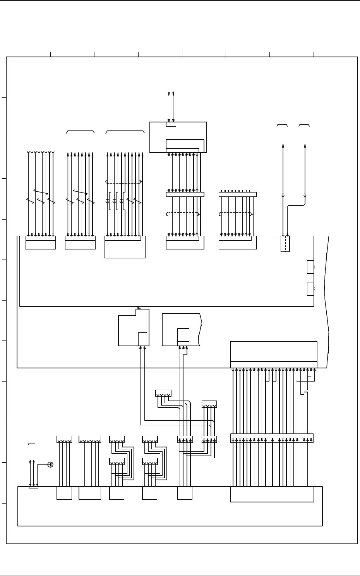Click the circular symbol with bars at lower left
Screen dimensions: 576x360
pyautogui.click(x=50, y=464)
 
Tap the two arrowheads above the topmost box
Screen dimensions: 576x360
pyautogui.click(x=171, y=93)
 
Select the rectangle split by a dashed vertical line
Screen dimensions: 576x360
pyautogui.click(x=285, y=244)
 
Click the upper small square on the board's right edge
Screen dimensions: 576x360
pyautogui.click(x=310, y=267)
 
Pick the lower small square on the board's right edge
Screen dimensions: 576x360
pyautogui.click(x=310, y=289)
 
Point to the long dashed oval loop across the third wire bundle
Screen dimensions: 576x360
pyautogui.click(x=124, y=182)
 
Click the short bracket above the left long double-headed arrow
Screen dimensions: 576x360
pyautogui.click(x=282, y=126)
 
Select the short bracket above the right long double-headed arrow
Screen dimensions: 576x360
pyautogui.click(x=304, y=126)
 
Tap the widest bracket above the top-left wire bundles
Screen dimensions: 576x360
pyautogui.click(x=125, y=132)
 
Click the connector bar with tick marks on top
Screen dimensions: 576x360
pyautogui.click(x=238, y=194)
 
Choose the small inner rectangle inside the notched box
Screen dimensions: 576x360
pyautogui.click(x=143, y=339)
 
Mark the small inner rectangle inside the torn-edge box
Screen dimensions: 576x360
pyautogui.click(x=183, y=335)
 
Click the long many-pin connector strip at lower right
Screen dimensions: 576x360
pyautogui.click(x=272, y=438)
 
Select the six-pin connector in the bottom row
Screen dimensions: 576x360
pyautogui.click(x=90, y=439)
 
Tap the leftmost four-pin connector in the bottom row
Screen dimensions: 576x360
pyautogui.click(x=64, y=439)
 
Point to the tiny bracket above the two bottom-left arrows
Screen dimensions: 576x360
pyautogui.click(x=32, y=444)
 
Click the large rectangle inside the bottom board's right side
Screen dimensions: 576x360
pyautogui.click(x=272, y=494)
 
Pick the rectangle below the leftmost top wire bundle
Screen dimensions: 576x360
pyautogui.click(x=40, y=244)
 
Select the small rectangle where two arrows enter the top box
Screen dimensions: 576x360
pyautogui.click(x=171, y=124)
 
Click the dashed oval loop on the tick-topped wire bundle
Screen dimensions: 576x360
pyautogui.click(x=236, y=214)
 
